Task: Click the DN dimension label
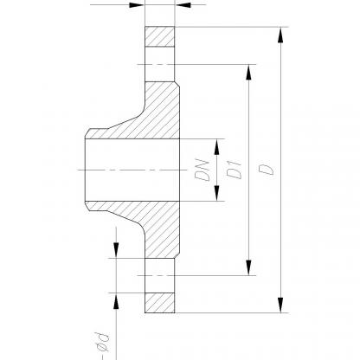click(202, 170)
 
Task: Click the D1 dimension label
click(234, 170)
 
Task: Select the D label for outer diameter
click(266, 170)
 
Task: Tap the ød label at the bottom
click(101, 343)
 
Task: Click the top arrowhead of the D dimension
click(280, 35)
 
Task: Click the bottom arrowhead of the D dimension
click(280, 305)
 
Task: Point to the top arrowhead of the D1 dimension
click(248, 72)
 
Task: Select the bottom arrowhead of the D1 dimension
click(248, 267)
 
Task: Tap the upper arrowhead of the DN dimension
click(217, 147)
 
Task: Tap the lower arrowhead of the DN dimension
click(217, 193)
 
